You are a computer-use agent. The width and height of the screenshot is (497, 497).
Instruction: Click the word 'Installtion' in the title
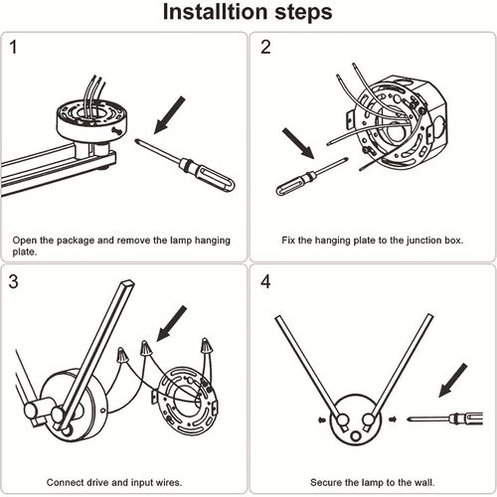tap(216, 12)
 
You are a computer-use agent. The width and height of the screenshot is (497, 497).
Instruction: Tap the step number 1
tap(13, 47)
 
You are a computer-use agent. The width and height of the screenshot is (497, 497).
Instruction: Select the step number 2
tap(265, 47)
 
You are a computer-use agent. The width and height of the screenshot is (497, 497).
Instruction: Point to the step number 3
tap(13, 281)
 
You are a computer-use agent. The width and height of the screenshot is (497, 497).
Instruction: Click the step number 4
tap(265, 281)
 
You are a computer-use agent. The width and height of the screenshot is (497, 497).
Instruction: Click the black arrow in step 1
tap(169, 115)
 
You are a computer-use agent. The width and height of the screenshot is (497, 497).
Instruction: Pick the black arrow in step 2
tap(298, 143)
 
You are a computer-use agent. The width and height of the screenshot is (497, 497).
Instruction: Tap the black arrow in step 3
tap(171, 323)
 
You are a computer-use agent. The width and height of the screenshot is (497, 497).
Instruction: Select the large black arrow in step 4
tap(453, 380)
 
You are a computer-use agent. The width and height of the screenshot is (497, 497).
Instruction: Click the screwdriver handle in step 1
tap(212, 176)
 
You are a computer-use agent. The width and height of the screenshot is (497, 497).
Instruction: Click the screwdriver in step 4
tap(445, 418)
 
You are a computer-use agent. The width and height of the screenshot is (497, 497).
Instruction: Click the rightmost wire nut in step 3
tap(206, 347)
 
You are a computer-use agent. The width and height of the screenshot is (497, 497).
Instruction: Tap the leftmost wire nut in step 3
tap(122, 355)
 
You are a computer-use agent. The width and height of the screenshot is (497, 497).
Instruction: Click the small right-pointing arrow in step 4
tap(393, 419)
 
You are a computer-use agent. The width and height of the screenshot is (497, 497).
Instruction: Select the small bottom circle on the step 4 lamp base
tap(356, 435)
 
